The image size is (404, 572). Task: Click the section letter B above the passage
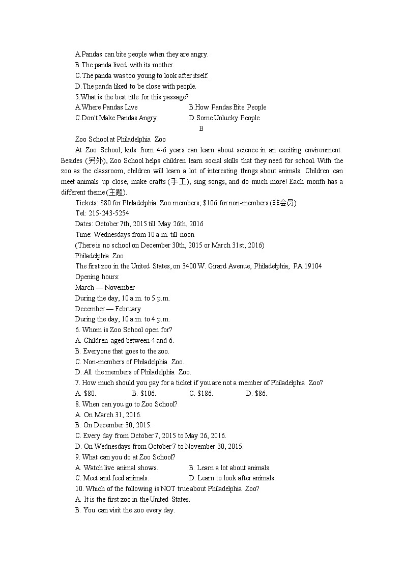point(201,128)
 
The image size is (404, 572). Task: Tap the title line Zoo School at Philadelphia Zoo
point(120,139)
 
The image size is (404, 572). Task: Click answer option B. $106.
point(144,393)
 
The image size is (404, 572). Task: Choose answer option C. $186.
point(201,393)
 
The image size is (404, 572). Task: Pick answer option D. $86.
point(256,393)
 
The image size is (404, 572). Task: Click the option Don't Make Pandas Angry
point(116,118)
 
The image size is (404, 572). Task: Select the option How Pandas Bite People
point(227,107)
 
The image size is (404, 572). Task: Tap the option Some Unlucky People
point(224,118)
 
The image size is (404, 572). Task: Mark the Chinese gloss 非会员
point(283,203)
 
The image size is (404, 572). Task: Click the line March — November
point(105,287)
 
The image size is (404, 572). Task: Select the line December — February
point(108,309)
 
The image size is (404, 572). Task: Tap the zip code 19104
point(312,266)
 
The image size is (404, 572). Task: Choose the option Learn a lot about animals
point(229,468)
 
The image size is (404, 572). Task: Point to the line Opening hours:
point(97,277)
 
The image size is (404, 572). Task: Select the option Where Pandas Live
point(106,107)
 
